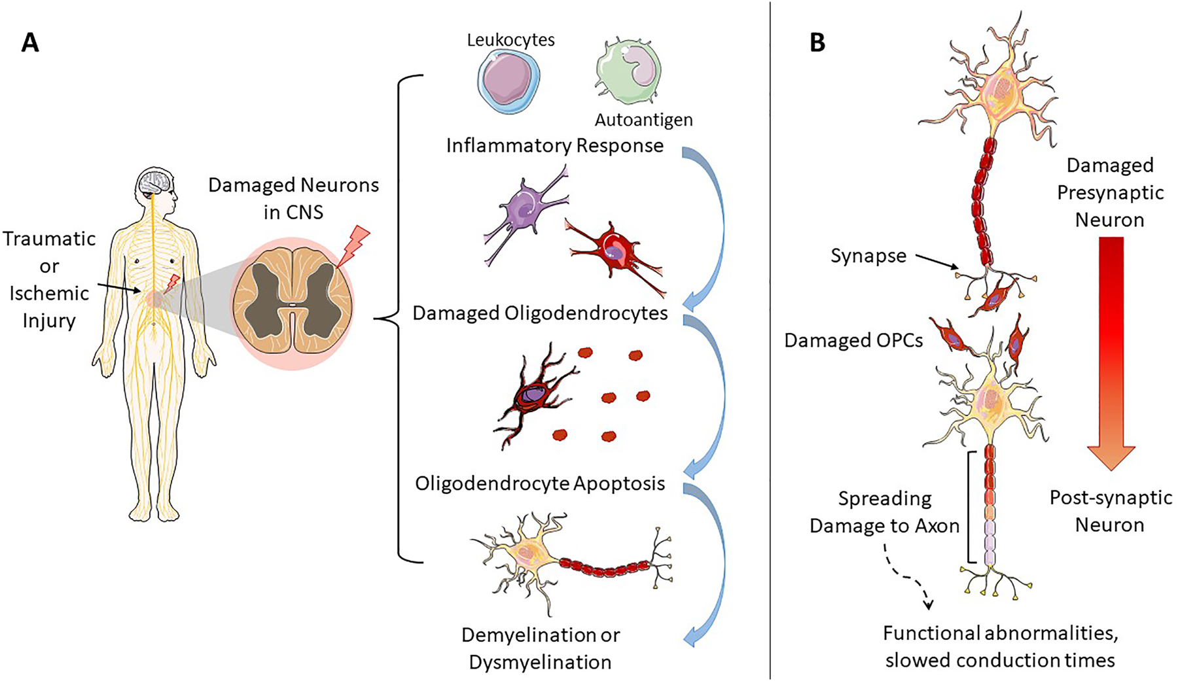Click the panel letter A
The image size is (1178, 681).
click(x=30, y=43)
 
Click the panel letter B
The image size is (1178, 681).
click(x=817, y=43)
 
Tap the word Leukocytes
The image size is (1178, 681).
click(x=510, y=40)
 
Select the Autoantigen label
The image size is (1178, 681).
click(x=643, y=120)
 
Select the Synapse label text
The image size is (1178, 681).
click(x=868, y=256)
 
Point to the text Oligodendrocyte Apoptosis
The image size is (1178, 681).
click(x=540, y=483)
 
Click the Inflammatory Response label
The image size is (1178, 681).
click(x=554, y=145)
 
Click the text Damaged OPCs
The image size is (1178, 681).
click(x=853, y=340)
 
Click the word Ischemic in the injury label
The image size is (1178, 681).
click(x=49, y=293)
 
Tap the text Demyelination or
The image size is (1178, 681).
click(x=541, y=635)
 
